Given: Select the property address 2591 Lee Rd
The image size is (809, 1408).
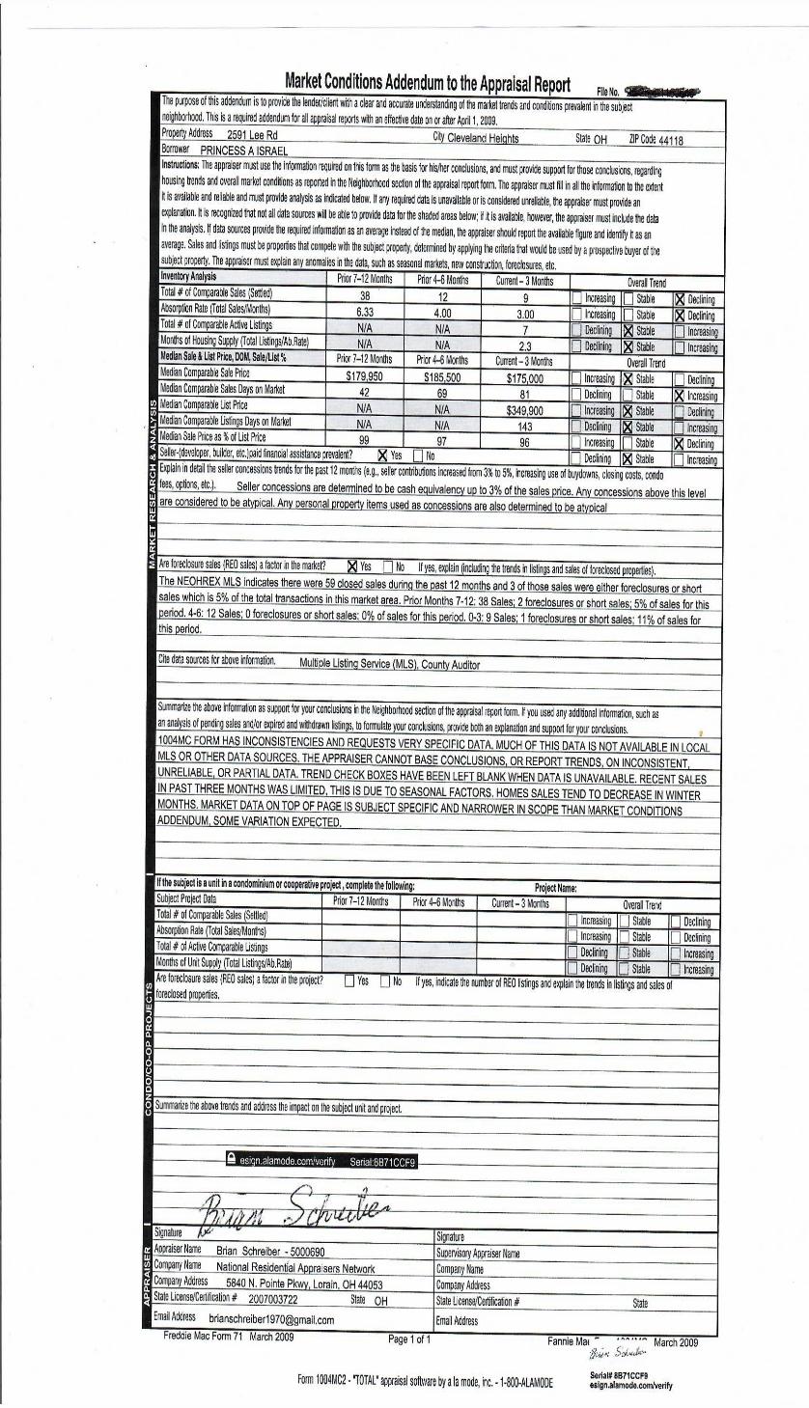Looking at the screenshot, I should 252,136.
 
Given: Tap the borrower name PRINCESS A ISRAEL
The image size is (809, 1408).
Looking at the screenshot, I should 244,152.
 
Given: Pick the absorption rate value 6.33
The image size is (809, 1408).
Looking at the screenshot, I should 365,314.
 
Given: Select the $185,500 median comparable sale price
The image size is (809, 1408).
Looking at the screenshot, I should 443,378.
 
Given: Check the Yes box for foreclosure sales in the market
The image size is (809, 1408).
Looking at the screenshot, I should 352,566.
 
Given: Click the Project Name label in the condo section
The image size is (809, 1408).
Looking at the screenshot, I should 555,887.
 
